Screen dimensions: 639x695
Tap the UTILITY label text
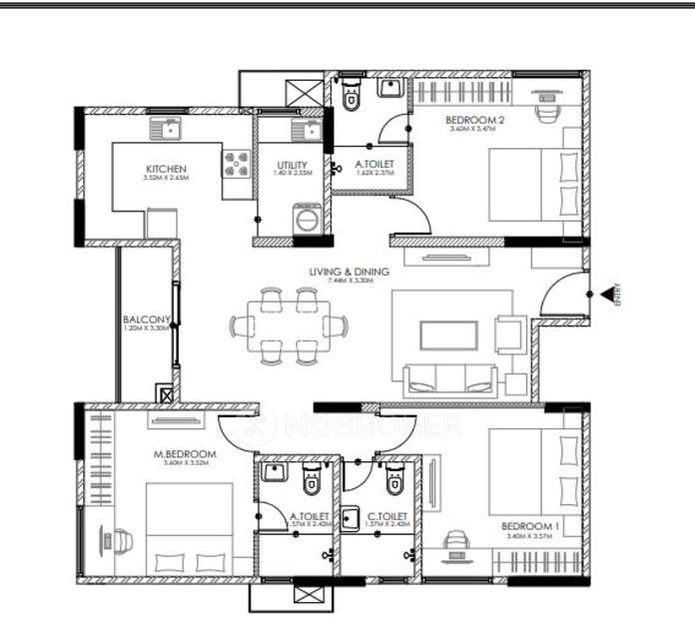[292, 165]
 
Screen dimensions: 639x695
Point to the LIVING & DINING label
[349, 271]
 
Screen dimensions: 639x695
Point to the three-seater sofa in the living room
[449, 380]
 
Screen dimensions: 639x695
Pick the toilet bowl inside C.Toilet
[393, 483]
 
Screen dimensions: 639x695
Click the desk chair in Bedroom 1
[456, 539]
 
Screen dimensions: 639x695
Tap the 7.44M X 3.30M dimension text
[349, 282]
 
